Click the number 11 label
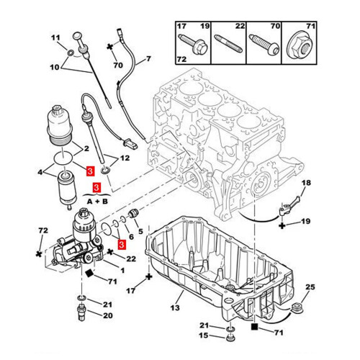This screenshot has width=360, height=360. click(55, 38)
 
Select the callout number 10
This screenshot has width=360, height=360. click(55, 67)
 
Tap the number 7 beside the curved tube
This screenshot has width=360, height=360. click(148, 58)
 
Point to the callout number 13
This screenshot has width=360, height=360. click(175, 307)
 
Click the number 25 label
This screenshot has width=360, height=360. click(310, 287)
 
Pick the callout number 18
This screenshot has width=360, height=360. click(306, 183)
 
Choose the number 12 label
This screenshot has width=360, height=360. click(125, 158)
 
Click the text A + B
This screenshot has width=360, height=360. click(97, 202)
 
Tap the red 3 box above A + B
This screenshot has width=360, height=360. click(96, 187)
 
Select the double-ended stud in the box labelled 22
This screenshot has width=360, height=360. click(228, 43)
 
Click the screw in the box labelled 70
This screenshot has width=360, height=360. click(264, 45)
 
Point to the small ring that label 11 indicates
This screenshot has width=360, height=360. click(71, 53)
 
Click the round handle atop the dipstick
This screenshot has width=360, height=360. click(77, 35)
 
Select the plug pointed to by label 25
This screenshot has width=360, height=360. click(297, 307)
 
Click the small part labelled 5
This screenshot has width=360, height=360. click(132, 213)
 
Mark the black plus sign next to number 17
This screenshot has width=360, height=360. click(149, 276)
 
